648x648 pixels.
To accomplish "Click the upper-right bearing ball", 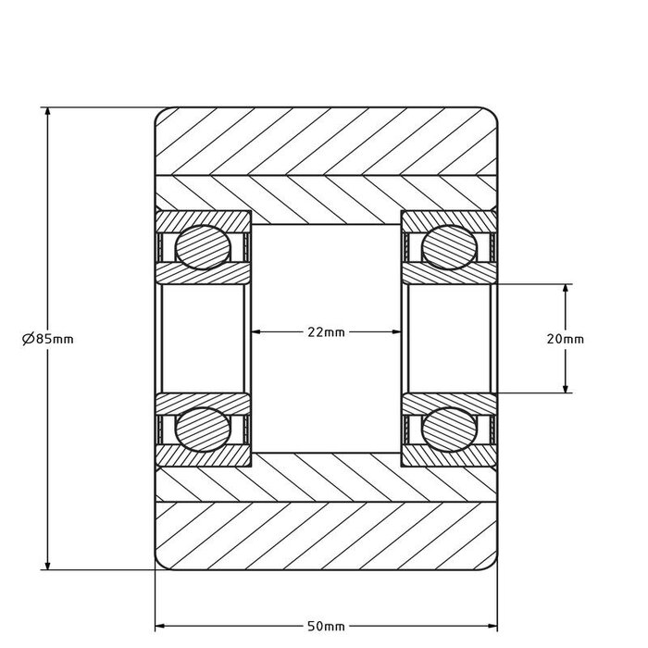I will click(x=450, y=247).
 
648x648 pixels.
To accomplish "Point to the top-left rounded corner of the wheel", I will click(x=159, y=112).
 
